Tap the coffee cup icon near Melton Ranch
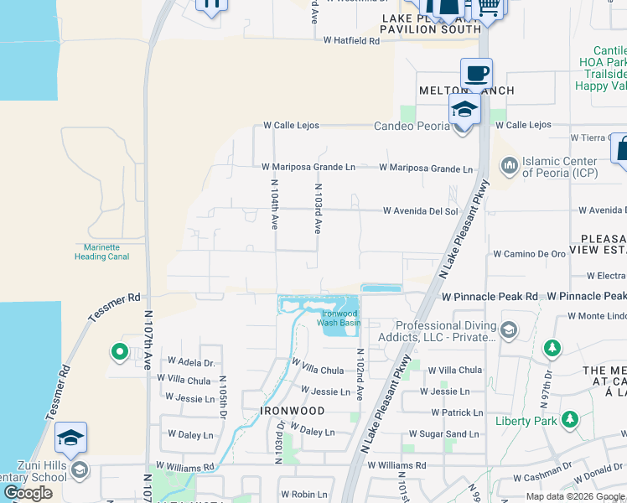point(476,73)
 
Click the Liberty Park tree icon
point(570,418)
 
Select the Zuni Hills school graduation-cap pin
point(71,438)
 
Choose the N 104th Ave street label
point(274,204)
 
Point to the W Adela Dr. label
point(192,363)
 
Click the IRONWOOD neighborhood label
point(292,412)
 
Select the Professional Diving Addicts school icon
point(509,329)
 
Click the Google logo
point(28,492)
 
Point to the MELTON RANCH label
point(467,91)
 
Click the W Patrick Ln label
point(458,412)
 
